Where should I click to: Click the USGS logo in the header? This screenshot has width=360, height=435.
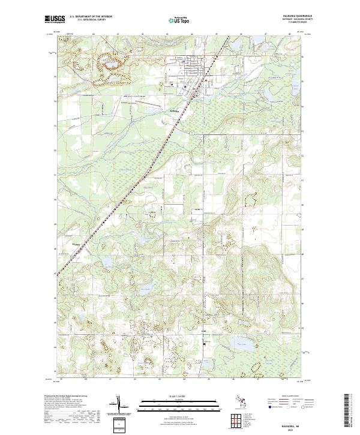point(55,20)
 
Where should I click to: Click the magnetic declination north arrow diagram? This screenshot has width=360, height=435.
point(119,406)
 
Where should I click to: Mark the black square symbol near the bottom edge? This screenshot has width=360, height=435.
point(204,344)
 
